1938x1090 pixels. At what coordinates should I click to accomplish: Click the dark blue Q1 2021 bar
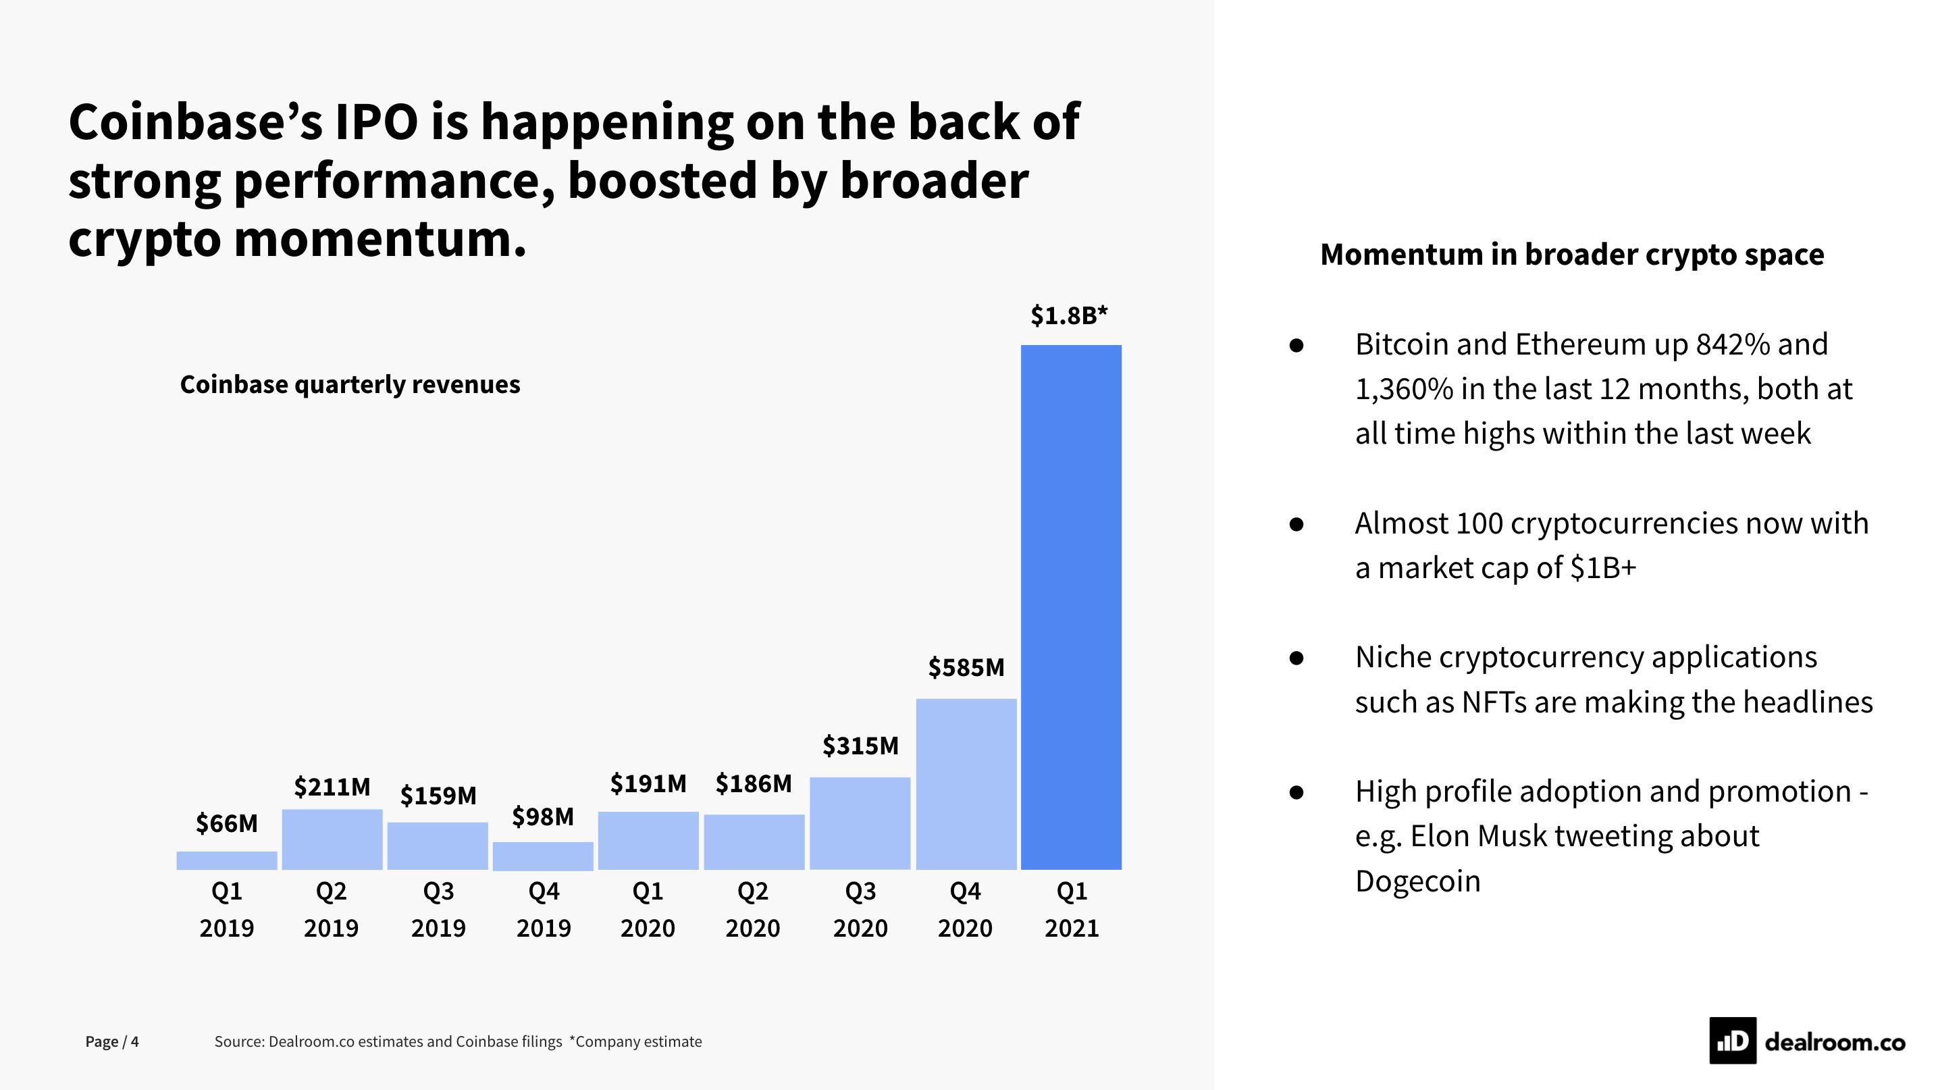(x=1070, y=607)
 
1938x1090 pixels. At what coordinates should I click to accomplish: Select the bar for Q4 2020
(x=966, y=784)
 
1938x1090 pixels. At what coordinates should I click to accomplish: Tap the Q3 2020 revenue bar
(x=860, y=823)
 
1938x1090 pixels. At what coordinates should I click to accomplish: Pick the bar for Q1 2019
(x=226, y=860)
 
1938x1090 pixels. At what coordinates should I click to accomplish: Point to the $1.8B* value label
(x=1069, y=316)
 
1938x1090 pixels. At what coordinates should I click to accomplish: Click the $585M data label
(x=966, y=667)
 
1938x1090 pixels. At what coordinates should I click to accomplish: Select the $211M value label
(x=332, y=787)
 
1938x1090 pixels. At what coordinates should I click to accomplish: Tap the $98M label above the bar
(x=542, y=816)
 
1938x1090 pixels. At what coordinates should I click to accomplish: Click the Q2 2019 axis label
(x=331, y=909)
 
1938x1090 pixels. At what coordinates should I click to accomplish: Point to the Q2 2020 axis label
(x=752, y=909)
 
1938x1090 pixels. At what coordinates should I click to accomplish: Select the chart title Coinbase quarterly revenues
(x=350, y=384)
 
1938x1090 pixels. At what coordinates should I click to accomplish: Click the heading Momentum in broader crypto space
(x=1571, y=254)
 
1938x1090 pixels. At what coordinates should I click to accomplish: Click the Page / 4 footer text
(x=112, y=1042)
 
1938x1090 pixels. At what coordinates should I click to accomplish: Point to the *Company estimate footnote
(x=635, y=1042)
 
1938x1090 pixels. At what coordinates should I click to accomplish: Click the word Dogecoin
(x=1417, y=881)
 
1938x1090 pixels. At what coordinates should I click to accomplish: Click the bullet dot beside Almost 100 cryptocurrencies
(x=1296, y=523)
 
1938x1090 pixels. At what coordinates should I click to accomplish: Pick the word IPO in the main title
(x=376, y=122)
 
